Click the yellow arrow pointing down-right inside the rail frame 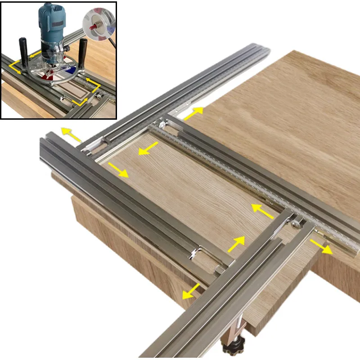118,169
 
